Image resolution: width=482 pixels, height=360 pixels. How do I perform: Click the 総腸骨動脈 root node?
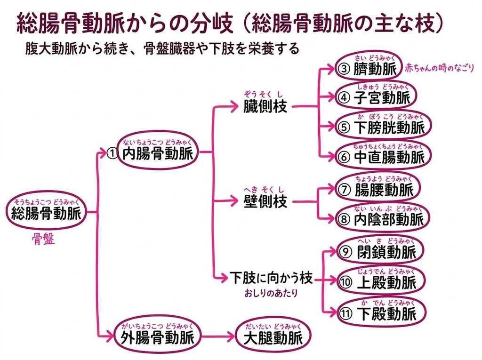point(46,211)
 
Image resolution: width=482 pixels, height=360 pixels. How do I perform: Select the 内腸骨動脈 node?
point(157,152)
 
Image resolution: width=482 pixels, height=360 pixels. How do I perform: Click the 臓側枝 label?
point(265,106)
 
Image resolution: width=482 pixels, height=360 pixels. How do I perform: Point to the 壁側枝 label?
point(265,201)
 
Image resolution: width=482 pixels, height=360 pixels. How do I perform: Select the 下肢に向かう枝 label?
point(271,278)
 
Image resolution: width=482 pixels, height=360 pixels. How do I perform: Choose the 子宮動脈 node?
point(376,96)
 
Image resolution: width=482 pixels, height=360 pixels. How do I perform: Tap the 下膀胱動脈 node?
point(383,125)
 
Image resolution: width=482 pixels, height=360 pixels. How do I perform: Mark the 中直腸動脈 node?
point(383,155)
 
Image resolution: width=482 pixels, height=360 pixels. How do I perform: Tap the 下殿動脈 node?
point(381,312)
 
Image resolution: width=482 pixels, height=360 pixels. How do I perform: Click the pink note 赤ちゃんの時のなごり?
point(440,68)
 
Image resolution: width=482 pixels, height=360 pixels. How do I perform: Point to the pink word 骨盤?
point(44,239)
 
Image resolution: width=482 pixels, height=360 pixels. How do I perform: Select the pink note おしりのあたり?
point(271,293)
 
